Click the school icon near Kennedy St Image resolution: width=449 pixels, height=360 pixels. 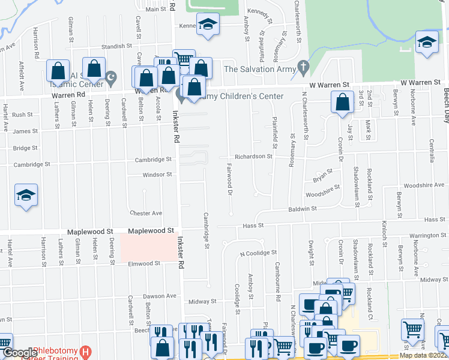(208, 25)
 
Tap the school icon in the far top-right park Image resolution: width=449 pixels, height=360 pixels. (426, 42)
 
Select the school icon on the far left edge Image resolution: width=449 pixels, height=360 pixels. (26, 196)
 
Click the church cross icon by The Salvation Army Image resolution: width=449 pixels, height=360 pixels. (304, 68)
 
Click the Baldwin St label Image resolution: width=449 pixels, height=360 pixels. (302, 209)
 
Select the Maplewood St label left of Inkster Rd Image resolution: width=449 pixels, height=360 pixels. (151, 230)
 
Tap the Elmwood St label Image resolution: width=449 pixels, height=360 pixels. (145, 263)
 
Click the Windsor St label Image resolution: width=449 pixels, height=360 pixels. (157, 175)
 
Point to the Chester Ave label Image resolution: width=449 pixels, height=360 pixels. (146, 213)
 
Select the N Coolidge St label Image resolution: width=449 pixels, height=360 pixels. (258, 253)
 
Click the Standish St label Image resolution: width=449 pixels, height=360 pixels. (116, 46)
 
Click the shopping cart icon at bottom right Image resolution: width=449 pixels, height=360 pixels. (412, 329)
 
